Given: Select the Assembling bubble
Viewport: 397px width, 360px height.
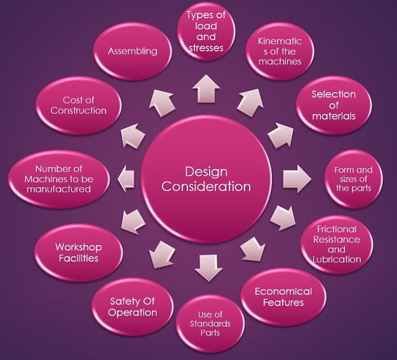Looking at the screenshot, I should tap(133, 51).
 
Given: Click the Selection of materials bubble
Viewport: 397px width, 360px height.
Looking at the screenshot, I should tap(333, 105).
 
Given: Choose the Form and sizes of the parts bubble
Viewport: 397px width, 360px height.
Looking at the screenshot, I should tap(353, 178).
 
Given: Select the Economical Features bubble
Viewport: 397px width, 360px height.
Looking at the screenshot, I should tap(283, 297).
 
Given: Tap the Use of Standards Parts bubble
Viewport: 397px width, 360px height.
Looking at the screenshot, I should tap(209, 326).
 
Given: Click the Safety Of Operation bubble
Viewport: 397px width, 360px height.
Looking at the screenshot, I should tap(132, 307).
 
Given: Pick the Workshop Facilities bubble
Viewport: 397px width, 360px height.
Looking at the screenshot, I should tap(78, 252).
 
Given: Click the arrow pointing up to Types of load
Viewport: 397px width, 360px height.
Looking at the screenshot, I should tap(208, 90).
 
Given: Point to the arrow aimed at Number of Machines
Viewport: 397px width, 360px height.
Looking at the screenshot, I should tap(126, 178).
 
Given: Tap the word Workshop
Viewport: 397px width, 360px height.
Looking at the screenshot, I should tap(78, 247).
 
